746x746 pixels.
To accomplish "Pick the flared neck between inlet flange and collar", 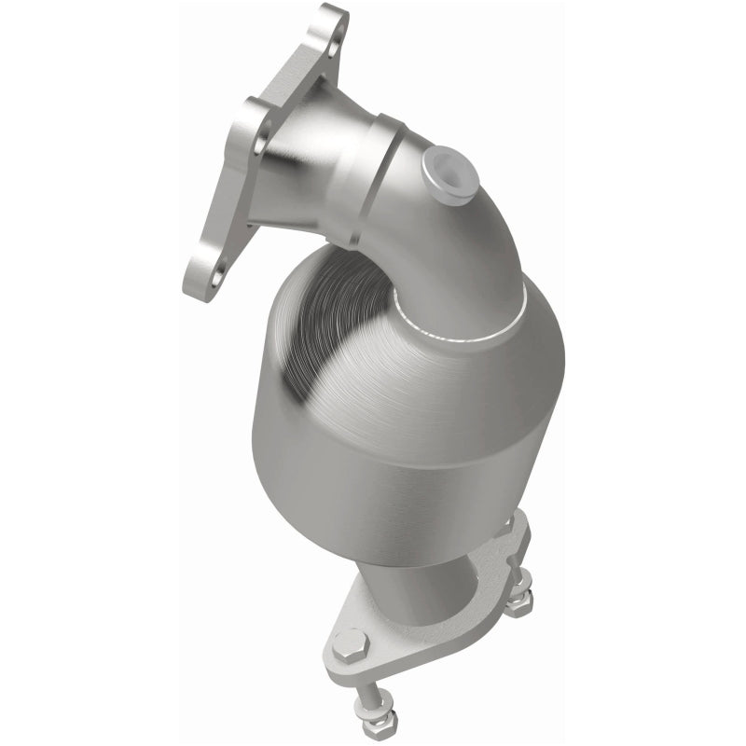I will coord(308,168).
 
